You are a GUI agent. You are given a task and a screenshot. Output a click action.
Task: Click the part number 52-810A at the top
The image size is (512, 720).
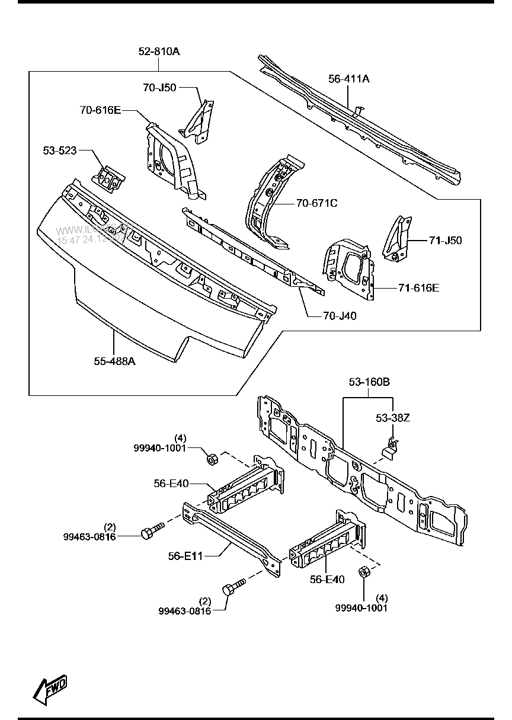(x=159, y=52)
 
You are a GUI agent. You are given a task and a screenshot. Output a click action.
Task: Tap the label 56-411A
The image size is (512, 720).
(x=349, y=78)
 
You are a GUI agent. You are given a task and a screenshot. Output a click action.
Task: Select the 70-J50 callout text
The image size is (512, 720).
(x=159, y=87)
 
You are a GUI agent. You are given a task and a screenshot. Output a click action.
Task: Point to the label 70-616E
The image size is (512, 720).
(x=100, y=110)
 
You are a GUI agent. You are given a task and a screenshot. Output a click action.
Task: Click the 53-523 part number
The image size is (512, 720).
(x=60, y=151)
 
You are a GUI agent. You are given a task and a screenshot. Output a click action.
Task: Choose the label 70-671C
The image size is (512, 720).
(x=316, y=203)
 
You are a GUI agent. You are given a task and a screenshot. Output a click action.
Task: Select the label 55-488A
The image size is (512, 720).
(x=114, y=360)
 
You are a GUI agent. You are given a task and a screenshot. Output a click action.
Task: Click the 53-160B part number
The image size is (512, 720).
(x=369, y=382)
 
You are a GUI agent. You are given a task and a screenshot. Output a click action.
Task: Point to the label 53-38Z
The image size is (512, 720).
(x=393, y=418)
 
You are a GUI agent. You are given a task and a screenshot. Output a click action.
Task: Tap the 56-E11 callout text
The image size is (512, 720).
(x=185, y=556)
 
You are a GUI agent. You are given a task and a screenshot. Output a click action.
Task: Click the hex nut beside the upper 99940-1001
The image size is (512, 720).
(x=210, y=458)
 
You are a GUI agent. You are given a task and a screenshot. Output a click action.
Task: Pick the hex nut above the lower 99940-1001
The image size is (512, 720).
(x=364, y=574)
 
